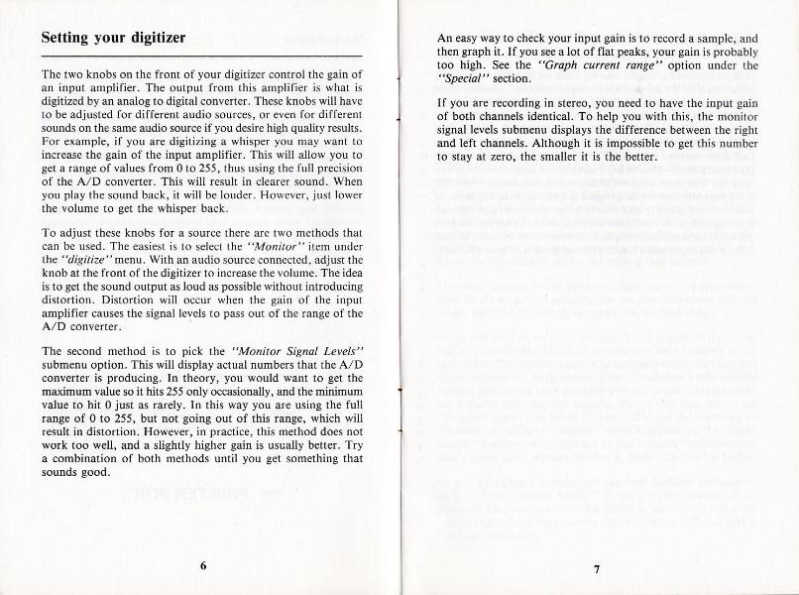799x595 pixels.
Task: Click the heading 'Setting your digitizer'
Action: [112, 39]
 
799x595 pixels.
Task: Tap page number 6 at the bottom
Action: [202, 566]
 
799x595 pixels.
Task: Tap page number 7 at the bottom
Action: [597, 568]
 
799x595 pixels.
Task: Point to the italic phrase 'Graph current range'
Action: [594, 65]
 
